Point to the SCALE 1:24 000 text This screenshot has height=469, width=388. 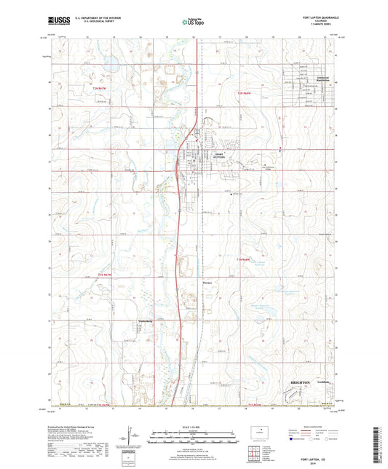(194, 426)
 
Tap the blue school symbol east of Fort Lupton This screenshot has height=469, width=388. (280, 150)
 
